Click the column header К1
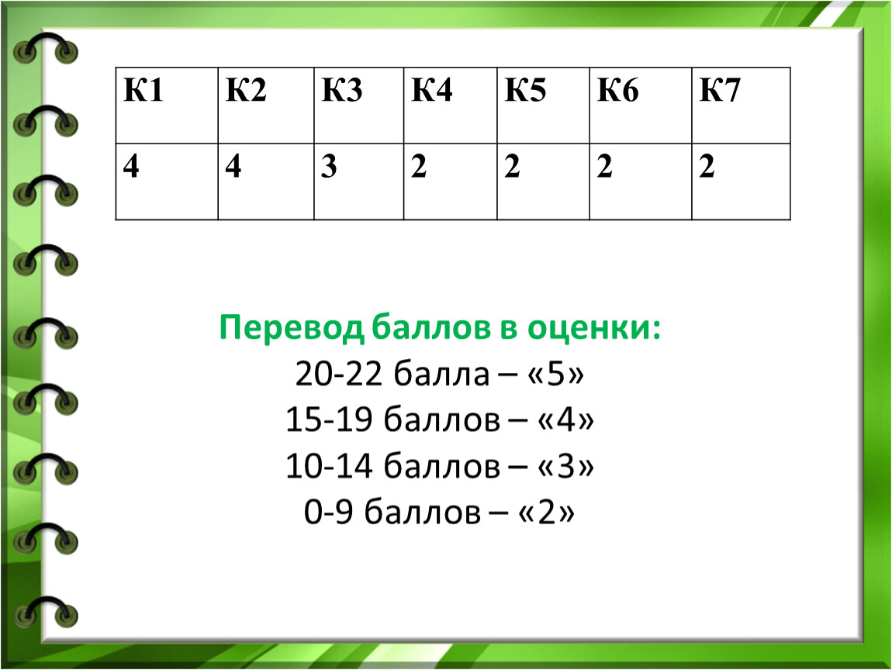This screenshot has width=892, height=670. point(143,90)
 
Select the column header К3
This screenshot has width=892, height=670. point(342,90)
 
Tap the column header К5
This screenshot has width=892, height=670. point(526,90)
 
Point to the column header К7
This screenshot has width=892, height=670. point(720,90)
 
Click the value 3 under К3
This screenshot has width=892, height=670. point(329,166)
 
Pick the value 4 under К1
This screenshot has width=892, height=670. point(131,166)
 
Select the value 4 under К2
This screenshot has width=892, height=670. point(233,166)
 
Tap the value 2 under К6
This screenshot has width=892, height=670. point(605,166)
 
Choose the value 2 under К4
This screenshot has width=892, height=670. point(419,166)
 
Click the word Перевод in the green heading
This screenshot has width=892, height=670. point(292,328)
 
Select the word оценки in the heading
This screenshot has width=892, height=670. point(594,328)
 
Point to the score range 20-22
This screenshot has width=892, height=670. point(338,375)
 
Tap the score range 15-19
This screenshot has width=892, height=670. point(329,420)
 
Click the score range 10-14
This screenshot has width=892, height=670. point(329,466)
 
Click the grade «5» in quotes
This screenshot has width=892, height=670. point(556,375)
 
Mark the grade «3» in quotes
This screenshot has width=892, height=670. point(565,466)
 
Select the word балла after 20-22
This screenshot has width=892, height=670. point(441,375)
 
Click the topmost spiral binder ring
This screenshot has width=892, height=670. point(46,49)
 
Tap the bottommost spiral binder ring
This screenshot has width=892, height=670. point(46,612)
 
